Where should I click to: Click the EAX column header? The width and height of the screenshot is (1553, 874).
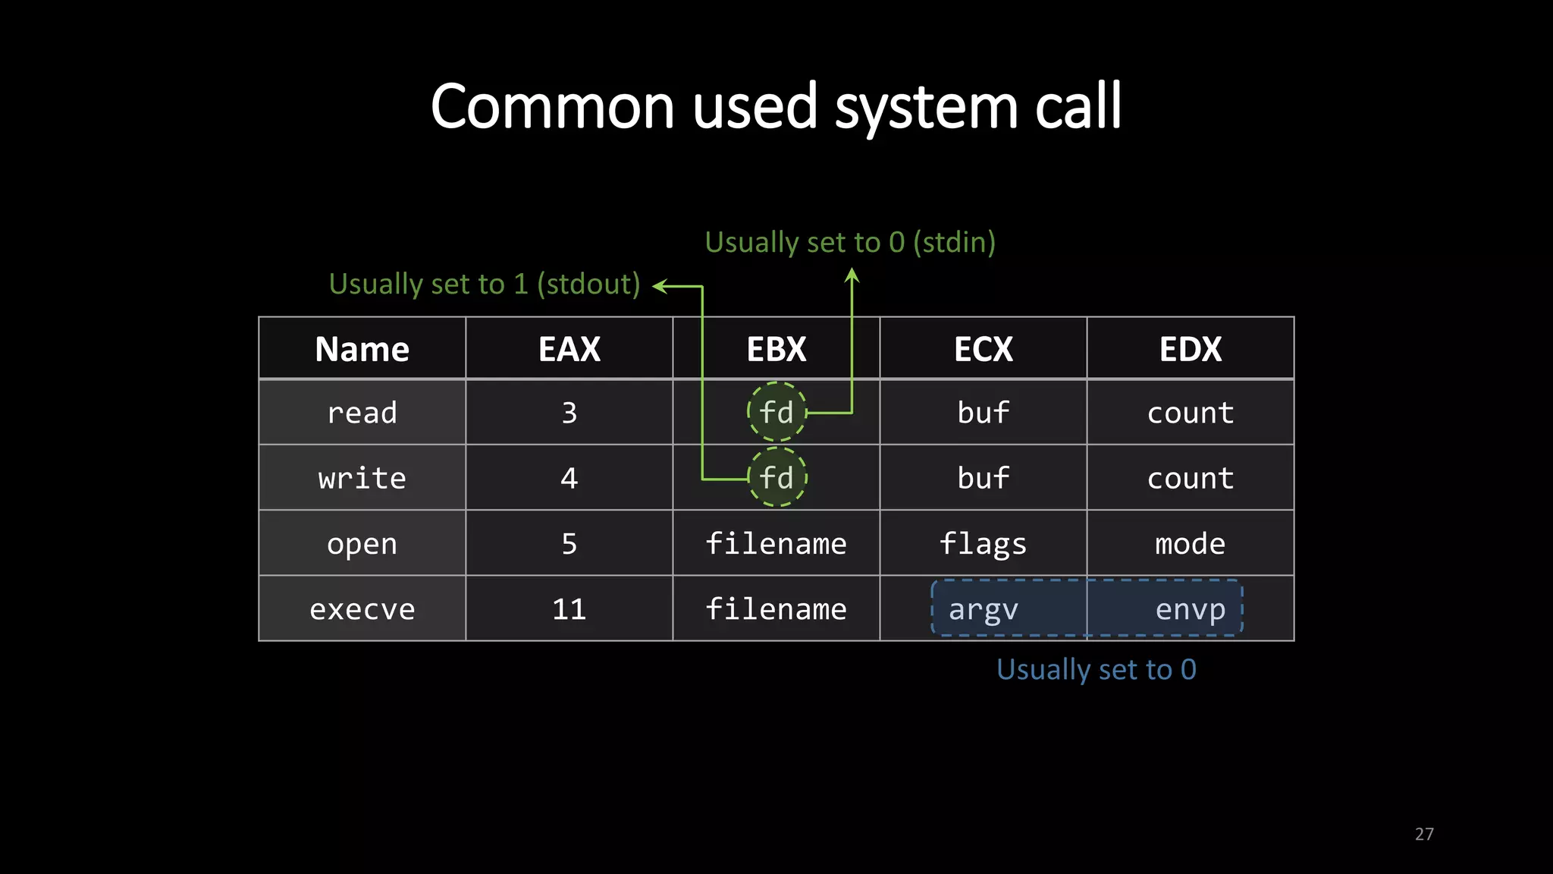pyautogui.click(x=569, y=350)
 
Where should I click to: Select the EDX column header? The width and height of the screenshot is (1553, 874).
pyautogui.click(x=1190, y=350)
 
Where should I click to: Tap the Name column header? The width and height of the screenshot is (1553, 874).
pyautogui.click(x=362, y=350)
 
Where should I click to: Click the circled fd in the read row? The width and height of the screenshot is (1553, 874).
pyautogui.click(x=776, y=413)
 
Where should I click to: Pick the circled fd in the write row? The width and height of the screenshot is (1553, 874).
pyautogui.click(x=776, y=478)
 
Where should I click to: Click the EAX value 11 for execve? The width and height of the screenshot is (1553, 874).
pyautogui.click(x=569, y=609)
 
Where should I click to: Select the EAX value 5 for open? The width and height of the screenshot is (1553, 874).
pyautogui.click(x=569, y=544)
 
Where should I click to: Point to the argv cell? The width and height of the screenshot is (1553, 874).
pyautogui.click(x=983, y=609)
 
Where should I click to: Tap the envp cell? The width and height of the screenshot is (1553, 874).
pyautogui.click(x=1190, y=609)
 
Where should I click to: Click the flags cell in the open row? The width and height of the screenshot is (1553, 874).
pyautogui.click(x=983, y=544)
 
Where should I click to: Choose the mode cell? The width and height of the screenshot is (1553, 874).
pyautogui.click(x=1190, y=544)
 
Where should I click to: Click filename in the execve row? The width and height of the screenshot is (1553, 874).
pyautogui.click(x=776, y=609)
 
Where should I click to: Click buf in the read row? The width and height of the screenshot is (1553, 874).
pyautogui.click(x=983, y=413)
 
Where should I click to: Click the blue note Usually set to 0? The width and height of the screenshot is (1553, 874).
pyautogui.click(x=1096, y=669)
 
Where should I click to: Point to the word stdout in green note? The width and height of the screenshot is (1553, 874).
pyautogui.click(x=588, y=285)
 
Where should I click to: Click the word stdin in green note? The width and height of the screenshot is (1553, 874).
pyautogui.click(x=954, y=243)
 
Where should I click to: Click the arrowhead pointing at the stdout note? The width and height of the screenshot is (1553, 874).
pyautogui.click(x=659, y=286)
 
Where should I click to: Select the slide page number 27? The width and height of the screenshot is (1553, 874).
pyautogui.click(x=1423, y=834)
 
